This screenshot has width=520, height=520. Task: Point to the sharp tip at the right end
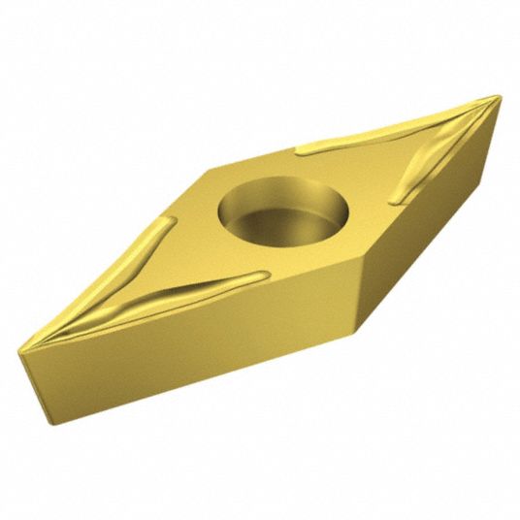pyautogui.click(x=499, y=97)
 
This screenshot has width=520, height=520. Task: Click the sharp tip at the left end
pyautogui.click(x=21, y=346)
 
